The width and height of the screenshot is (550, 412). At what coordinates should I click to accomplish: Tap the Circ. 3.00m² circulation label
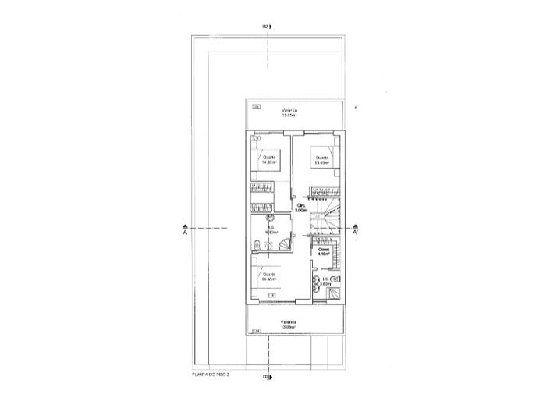[x=300, y=208]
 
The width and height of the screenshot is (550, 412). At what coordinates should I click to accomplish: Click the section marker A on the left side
[x=184, y=231]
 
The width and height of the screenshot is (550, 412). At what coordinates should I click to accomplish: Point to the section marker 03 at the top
[x=266, y=27]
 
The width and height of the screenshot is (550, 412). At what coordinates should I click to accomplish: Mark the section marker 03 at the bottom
[x=266, y=377]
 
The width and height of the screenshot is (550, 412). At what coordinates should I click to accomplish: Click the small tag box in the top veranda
[x=255, y=107]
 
